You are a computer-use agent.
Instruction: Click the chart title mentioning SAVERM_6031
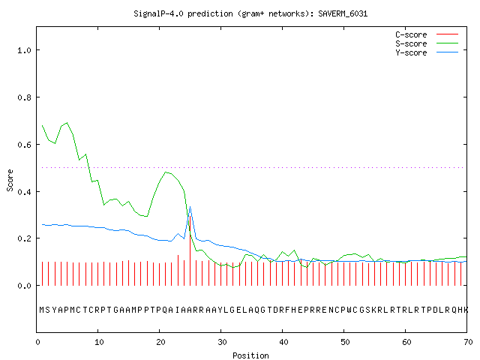click(250, 13)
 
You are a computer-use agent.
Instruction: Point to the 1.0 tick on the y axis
click(25, 50)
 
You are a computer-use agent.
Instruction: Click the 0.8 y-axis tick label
click(25, 97)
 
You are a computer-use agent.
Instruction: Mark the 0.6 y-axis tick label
click(25, 145)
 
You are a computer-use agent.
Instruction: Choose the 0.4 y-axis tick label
click(25, 192)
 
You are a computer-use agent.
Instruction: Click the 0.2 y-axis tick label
click(25, 238)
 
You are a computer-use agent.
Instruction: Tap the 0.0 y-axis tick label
click(25, 286)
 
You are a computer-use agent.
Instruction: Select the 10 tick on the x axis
click(99, 342)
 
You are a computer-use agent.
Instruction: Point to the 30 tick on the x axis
click(222, 342)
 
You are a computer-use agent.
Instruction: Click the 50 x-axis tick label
click(345, 342)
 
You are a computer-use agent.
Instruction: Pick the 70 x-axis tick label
click(468, 342)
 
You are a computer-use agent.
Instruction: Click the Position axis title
click(250, 355)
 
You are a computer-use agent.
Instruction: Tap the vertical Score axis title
click(10, 180)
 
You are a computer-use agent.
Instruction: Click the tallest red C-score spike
click(190, 250)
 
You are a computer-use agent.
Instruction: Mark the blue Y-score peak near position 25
click(190, 207)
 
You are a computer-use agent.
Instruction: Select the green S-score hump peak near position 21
click(166, 172)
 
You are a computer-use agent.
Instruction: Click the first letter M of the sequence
click(42, 310)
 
